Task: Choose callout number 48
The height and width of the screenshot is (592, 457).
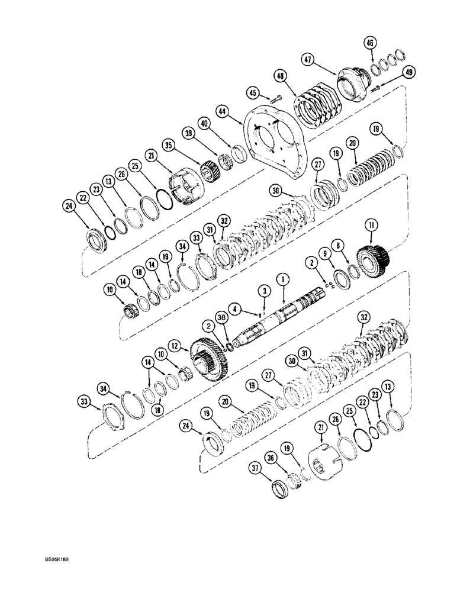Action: (x=279, y=76)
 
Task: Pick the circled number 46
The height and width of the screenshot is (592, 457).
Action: (x=370, y=43)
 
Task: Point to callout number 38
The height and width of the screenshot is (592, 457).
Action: (x=221, y=317)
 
